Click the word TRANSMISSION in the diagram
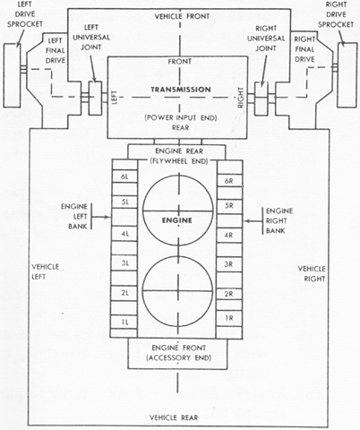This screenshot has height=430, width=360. (x=181, y=90)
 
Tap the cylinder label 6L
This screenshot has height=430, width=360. (x=124, y=176)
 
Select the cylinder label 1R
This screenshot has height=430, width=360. (x=229, y=318)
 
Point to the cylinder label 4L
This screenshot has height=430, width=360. (x=124, y=234)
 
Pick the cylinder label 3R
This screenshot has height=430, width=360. (x=228, y=264)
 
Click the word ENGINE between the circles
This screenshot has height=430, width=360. (x=177, y=220)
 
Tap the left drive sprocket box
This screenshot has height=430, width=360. (x=12, y=75)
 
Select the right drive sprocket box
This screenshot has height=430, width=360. (x=347, y=74)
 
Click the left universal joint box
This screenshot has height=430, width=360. (x=95, y=98)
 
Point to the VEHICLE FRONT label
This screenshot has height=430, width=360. (x=182, y=16)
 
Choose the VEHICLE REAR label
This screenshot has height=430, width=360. (x=174, y=417)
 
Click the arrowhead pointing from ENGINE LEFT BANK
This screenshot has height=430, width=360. (x=107, y=217)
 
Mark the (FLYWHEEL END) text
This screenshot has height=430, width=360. (x=178, y=161)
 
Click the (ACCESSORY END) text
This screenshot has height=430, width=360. (x=178, y=357)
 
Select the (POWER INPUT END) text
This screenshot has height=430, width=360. (x=181, y=117)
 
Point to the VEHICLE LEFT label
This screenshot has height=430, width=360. (x=46, y=271)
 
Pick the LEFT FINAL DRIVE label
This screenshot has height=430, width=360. (x=56, y=50)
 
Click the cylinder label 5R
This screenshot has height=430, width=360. (x=229, y=206)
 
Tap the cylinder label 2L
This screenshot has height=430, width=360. (x=124, y=293)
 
